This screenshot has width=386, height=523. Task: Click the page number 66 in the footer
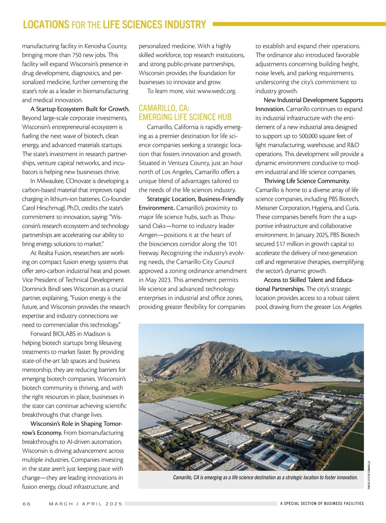tap(27, 504)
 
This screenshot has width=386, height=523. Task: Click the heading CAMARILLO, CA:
tap(164, 108)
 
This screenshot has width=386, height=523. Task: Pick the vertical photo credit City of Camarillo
tap(369, 475)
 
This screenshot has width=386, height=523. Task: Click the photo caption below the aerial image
tap(265, 477)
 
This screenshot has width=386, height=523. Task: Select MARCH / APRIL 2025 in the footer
tap(86, 504)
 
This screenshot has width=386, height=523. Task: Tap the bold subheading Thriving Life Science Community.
tap(307, 181)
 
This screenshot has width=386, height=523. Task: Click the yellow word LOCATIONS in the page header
tap(46, 25)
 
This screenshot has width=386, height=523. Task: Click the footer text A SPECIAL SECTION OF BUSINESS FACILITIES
tap(322, 504)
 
